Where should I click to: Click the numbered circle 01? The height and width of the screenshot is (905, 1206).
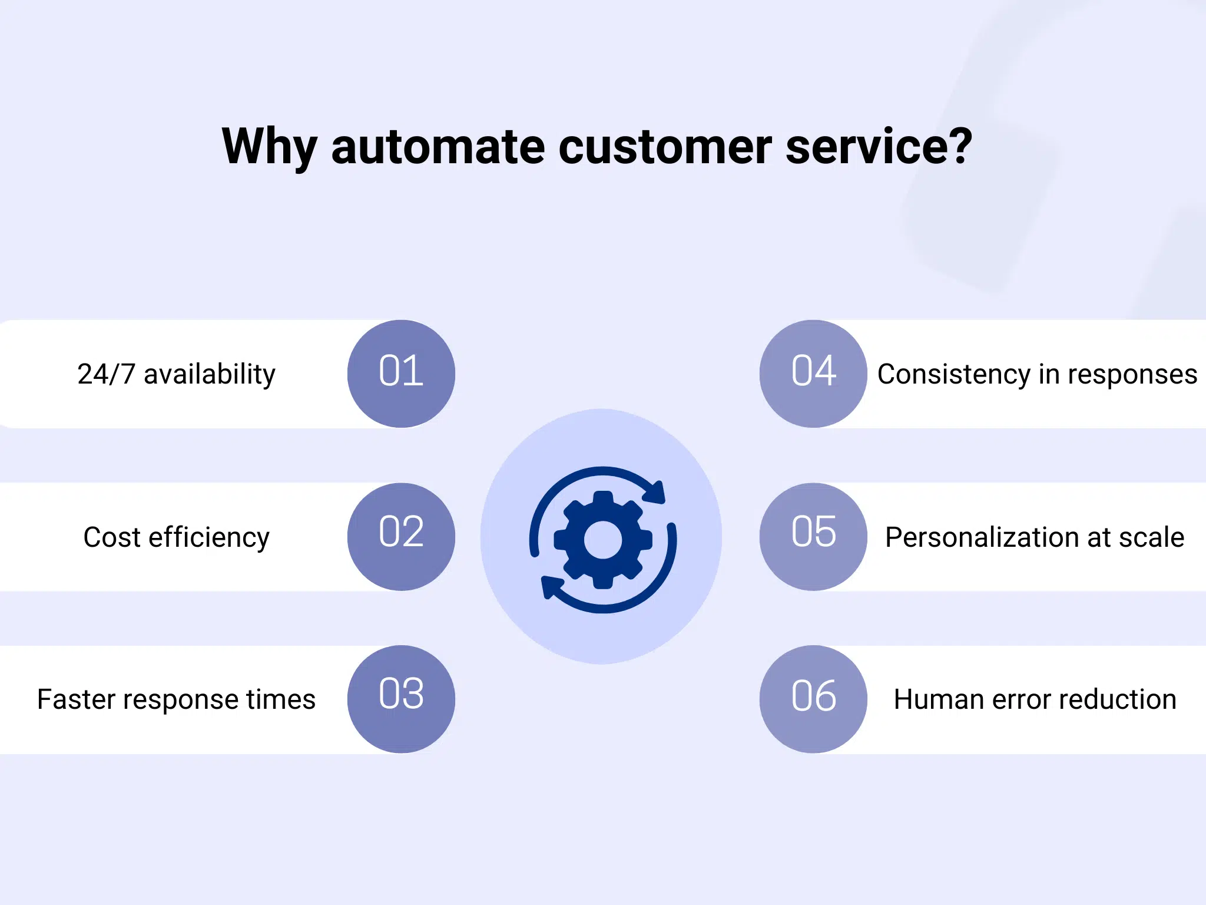(401, 374)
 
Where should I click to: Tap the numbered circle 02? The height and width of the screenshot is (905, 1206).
(401, 537)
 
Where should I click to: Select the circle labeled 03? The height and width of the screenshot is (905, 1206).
(401, 699)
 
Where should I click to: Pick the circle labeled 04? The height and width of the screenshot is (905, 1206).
(813, 374)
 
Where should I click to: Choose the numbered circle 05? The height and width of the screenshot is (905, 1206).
(813, 537)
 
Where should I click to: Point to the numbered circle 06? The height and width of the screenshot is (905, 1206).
(813, 699)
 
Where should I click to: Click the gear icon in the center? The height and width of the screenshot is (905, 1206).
(602, 539)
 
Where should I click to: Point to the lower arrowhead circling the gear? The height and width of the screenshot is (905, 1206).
(551, 587)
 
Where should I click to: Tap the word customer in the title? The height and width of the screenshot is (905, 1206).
(665, 147)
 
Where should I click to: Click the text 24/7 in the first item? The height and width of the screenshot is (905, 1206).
(106, 374)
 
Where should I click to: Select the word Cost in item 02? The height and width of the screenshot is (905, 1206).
(112, 537)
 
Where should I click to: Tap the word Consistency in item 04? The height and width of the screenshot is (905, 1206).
(953, 374)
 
